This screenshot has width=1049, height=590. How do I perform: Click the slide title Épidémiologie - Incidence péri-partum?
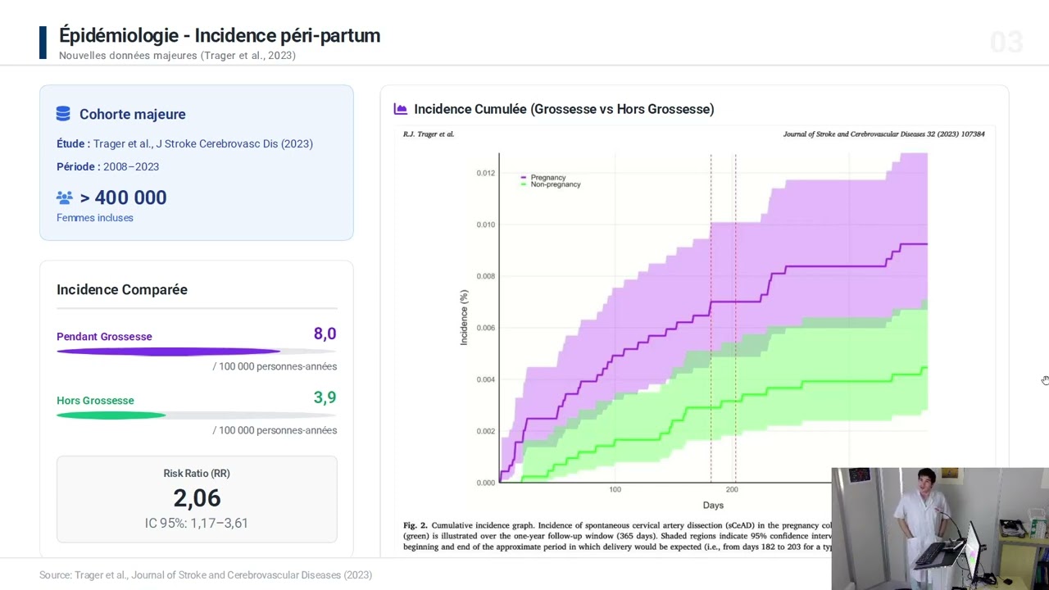220,35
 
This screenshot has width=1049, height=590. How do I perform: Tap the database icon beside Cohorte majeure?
63,114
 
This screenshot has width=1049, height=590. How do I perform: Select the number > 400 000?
123,197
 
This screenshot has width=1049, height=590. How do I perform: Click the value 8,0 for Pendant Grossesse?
325,334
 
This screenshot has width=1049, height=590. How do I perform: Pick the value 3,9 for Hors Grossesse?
325,397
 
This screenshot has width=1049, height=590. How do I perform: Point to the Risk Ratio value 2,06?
197,497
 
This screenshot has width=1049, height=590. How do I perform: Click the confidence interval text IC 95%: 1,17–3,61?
197,523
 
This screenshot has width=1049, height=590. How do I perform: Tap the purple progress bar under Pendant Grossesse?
168,352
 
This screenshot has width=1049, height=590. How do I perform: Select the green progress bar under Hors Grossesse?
111,415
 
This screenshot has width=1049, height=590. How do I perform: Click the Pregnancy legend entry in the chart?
547,177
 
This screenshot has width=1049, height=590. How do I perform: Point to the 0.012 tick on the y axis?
486,173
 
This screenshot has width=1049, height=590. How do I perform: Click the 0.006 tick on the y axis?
486,328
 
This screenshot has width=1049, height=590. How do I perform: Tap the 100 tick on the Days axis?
615,489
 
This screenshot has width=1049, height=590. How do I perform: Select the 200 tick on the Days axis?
732,489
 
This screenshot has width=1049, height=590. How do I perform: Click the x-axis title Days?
713,505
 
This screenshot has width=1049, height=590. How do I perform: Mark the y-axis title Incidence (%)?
464,317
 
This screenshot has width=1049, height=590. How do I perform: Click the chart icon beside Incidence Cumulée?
401,109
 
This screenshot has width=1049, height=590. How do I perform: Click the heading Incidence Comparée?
122,289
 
